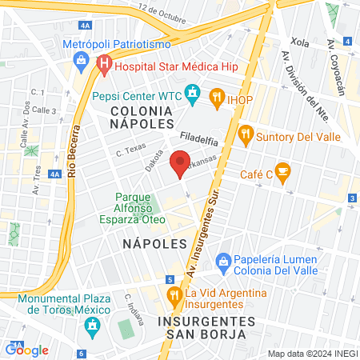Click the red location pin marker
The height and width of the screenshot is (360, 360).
[x=181, y=162]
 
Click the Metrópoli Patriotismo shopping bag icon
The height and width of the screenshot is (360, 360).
[x=81, y=59]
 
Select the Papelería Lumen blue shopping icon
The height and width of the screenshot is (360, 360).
[x=223, y=260]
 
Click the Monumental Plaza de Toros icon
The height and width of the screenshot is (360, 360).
[x=94, y=325]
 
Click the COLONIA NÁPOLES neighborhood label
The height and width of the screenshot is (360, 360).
[x=142, y=117]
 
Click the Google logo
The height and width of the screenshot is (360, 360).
[x=26, y=350]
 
